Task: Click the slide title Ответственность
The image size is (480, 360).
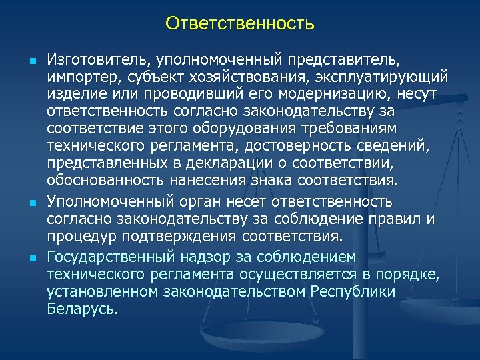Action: [240, 24]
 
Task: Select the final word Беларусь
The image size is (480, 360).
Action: [82, 309]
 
